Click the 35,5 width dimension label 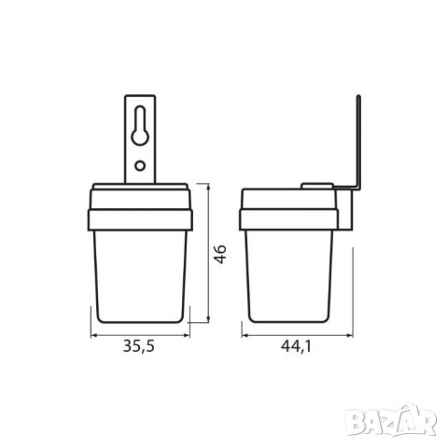(x=139, y=346)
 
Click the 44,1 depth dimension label (x=296, y=346)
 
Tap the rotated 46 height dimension (x=220, y=254)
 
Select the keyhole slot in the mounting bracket (x=140, y=125)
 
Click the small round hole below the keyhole (x=140, y=165)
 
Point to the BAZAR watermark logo (x=391, y=421)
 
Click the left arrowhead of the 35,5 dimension (x=94, y=335)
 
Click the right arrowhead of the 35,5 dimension (x=186, y=335)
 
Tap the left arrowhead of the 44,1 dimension (x=245, y=335)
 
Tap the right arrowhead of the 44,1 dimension (x=349, y=335)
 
